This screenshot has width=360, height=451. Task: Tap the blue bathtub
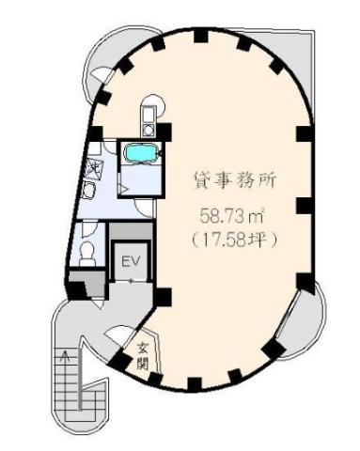(x=142, y=153)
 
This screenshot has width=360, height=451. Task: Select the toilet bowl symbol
(x=86, y=251)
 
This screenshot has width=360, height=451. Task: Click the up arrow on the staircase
(x=64, y=357)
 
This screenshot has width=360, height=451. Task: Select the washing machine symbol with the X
(x=93, y=167)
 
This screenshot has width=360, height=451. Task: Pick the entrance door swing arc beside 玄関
(x=120, y=336)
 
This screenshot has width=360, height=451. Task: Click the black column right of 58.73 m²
(x=303, y=205)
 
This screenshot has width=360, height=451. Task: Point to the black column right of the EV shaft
(x=163, y=297)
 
